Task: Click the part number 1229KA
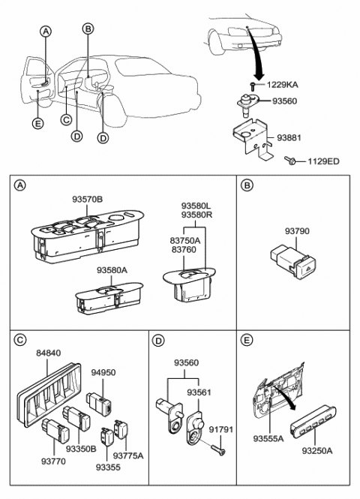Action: pyautogui.click(x=283, y=85)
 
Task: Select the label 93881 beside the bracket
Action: pyautogui.click(x=289, y=138)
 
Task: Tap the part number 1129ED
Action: pyautogui.click(x=323, y=161)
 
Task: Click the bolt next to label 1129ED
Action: pyautogui.click(x=290, y=161)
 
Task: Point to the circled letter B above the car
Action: pyautogui.click(x=88, y=29)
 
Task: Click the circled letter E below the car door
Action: pyautogui.click(x=37, y=124)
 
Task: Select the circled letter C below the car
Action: pyautogui.click(x=66, y=120)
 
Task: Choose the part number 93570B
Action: pyautogui.click(x=88, y=200)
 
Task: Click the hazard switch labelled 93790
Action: pyautogui.click(x=292, y=262)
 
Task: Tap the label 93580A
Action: pyautogui.click(x=112, y=270)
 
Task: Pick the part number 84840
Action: pyautogui.click(x=48, y=353)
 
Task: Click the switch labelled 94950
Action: pyautogui.click(x=99, y=402)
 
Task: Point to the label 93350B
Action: pyautogui.click(x=81, y=449)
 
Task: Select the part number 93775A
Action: pyautogui.click(x=128, y=455)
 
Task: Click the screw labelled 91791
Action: pyautogui.click(x=218, y=449)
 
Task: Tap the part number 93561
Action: pyautogui.click(x=199, y=392)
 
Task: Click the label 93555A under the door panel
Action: pyautogui.click(x=268, y=439)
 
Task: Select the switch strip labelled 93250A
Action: pyautogui.click(x=313, y=422)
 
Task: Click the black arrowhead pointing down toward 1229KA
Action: pyautogui.click(x=259, y=76)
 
